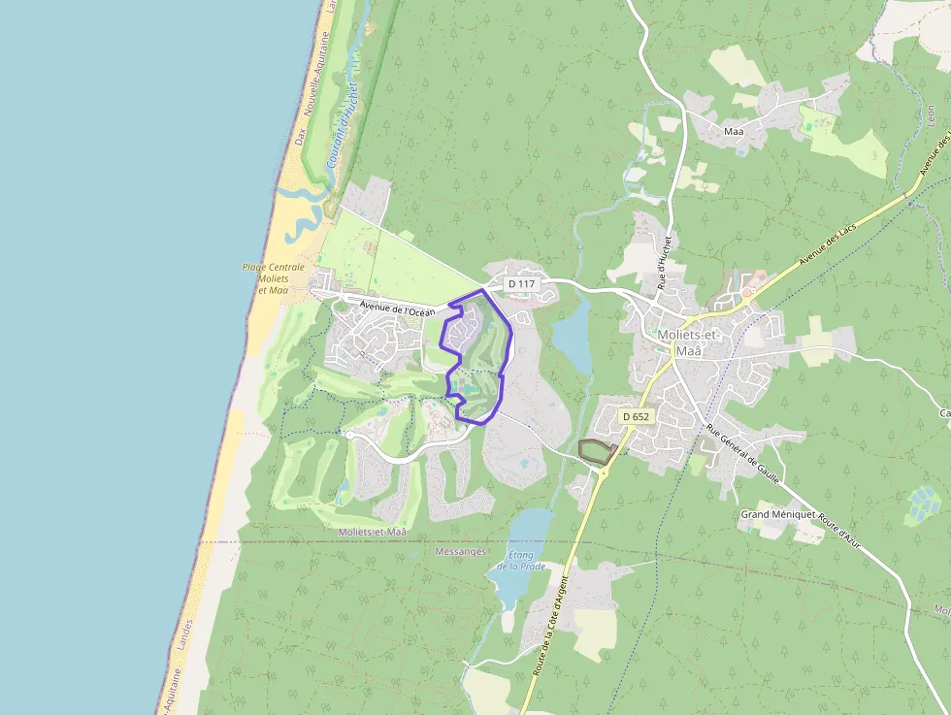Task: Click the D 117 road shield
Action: click(521, 284)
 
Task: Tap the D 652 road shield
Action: click(636, 416)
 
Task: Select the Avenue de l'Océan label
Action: click(397, 309)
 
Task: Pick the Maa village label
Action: click(734, 131)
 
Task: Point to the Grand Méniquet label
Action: click(776, 513)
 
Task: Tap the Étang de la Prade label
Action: click(521, 560)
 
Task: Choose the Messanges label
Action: click(460, 551)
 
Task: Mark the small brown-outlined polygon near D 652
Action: click(596, 450)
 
